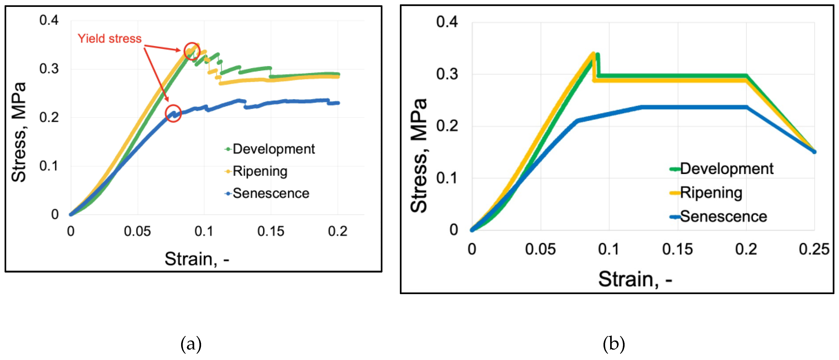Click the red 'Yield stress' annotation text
tap(109, 39)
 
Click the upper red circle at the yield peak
tap(192, 51)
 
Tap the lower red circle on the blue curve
tap(173, 113)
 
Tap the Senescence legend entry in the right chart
tap(718, 217)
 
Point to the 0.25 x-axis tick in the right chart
tap(814, 250)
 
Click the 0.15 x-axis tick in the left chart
tap(271, 231)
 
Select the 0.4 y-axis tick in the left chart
tap(49, 20)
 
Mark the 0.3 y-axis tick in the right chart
tap(447, 74)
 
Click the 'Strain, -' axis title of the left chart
tap(197, 259)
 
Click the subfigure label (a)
tap(191, 344)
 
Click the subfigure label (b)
tap(614, 344)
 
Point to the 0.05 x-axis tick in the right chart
tap(540, 250)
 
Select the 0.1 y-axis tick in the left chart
tap(49, 166)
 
